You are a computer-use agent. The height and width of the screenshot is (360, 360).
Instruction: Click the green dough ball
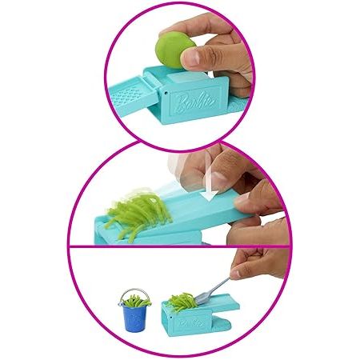[174, 50]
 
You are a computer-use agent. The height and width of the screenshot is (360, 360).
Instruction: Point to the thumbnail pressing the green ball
[190, 58]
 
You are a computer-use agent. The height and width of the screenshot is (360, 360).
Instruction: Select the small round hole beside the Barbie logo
[166, 94]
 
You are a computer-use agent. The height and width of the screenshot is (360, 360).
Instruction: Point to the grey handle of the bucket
[134, 293]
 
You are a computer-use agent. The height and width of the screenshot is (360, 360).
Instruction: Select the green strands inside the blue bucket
[135, 302]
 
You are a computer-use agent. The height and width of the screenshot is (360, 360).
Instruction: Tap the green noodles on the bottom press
[182, 302]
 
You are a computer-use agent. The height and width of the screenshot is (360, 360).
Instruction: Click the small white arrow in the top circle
[210, 74]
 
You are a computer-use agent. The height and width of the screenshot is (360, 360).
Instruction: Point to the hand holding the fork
[260, 262]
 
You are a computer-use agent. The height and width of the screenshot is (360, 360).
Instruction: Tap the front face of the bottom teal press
[190, 323]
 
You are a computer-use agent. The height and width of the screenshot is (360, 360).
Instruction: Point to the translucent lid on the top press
[186, 78]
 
